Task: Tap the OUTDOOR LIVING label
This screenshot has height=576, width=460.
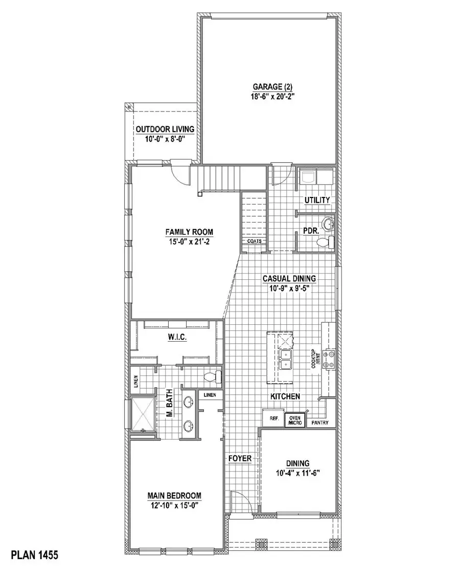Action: [x=165, y=129]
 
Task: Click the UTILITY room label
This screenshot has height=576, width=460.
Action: [x=317, y=200]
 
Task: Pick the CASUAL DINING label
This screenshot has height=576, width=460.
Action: [x=289, y=279]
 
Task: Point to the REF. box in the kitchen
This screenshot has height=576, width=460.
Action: [x=269, y=418]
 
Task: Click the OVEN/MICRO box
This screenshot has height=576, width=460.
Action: [x=295, y=420]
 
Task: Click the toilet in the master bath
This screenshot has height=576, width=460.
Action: [x=212, y=378]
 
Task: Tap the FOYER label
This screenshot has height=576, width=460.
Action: [x=240, y=458]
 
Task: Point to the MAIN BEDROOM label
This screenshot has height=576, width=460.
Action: [x=174, y=495]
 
